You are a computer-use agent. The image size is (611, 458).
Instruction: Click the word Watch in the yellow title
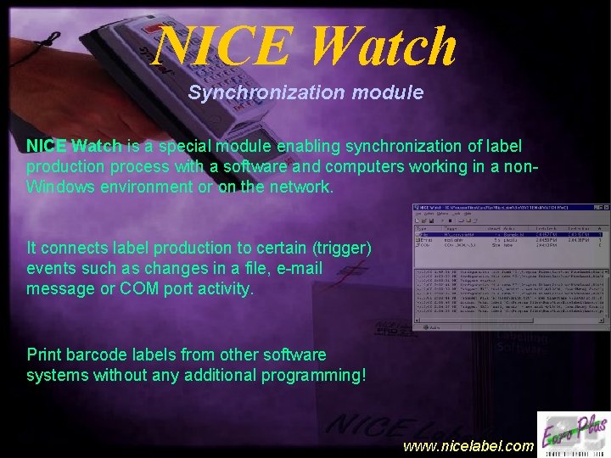pos(384,47)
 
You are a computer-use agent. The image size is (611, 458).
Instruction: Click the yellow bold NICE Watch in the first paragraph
pos(74,146)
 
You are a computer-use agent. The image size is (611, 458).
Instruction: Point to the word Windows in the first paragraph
pos(63,187)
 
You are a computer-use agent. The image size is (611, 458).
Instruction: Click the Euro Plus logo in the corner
pos(573,432)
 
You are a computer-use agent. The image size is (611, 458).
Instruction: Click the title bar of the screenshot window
pos(501,208)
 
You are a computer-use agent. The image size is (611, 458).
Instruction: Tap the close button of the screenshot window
pos(604,208)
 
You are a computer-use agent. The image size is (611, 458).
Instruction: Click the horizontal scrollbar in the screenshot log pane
pos(509,327)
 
